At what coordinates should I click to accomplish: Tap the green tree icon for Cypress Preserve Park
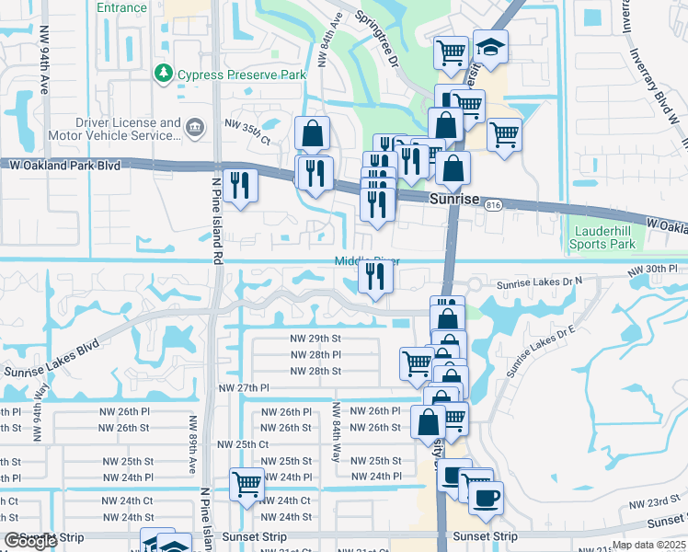coord(164,72)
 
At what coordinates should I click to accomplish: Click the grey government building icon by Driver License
coord(195,127)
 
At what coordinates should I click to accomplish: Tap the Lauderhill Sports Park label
coord(602,237)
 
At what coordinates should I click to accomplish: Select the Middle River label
coord(366,261)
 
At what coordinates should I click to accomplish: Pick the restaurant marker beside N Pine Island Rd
coord(240,185)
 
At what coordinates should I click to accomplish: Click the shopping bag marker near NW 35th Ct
coord(312,132)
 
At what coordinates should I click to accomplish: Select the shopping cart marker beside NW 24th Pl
coord(247,483)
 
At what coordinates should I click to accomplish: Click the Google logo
coord(29,541)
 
